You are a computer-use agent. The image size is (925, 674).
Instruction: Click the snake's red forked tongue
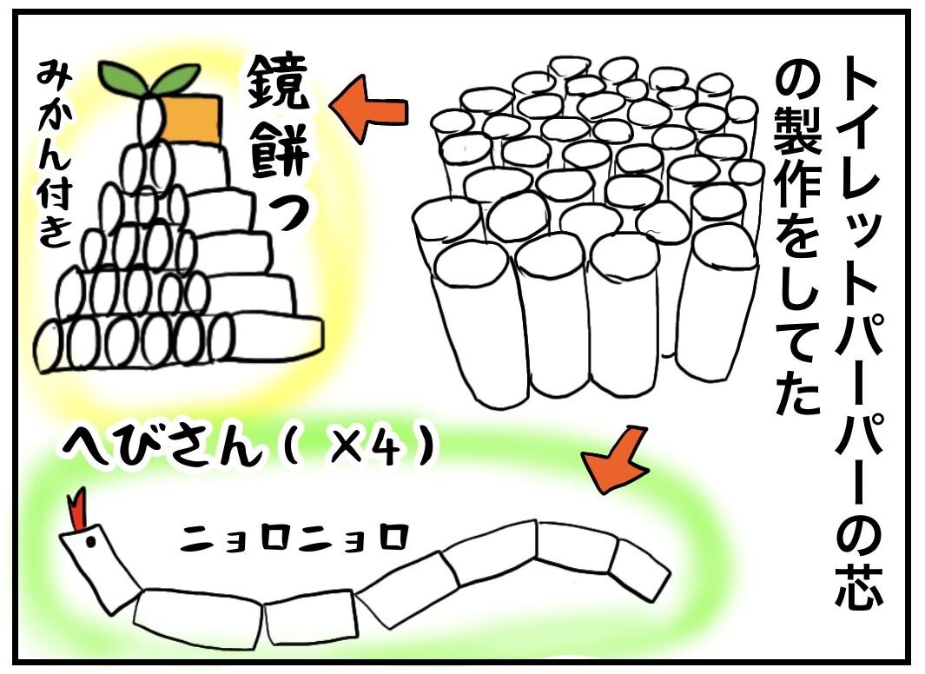click(x=76, y=508)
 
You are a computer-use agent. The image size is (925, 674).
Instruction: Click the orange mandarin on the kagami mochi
click(x=190, y=120)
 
